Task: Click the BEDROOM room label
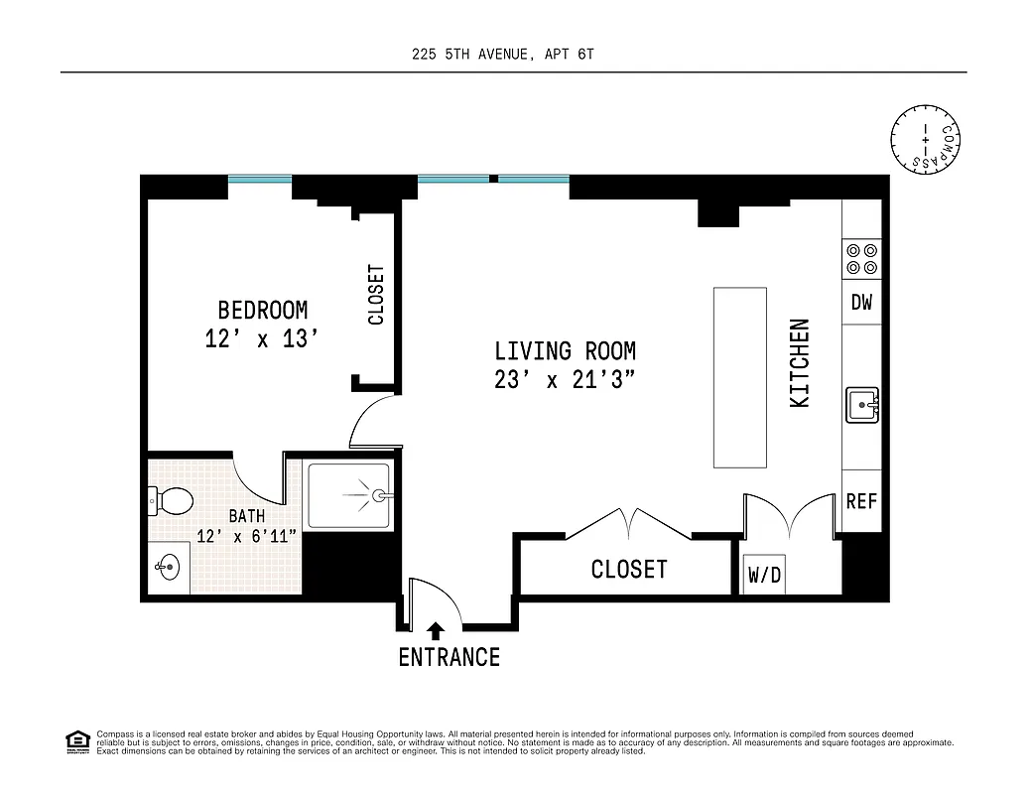(262, 310)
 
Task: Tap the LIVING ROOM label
(565, 350)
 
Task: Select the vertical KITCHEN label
(800, 362)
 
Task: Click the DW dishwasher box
(861, 303)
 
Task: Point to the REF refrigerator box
(861, 501)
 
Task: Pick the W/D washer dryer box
(763, 575)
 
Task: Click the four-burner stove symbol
(861, 259)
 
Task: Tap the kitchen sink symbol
(861, 405)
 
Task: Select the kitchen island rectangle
(740, 377)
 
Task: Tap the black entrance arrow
(435, 629)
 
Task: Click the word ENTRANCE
(449, 657)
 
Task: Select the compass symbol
(928, 136)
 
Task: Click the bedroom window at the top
(260, 180)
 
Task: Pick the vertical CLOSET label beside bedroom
(376, 295)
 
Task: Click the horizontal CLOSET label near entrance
(629, 570)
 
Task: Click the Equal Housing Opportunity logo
(76, 740)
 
